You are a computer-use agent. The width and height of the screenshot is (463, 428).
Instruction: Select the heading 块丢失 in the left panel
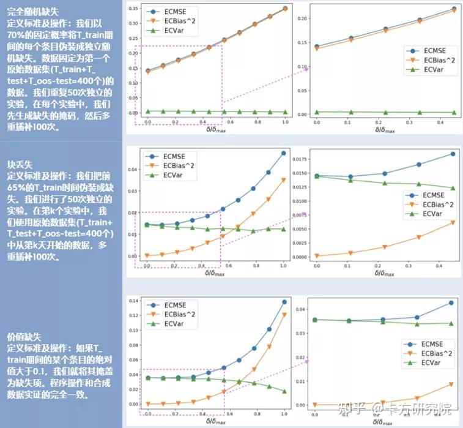19,165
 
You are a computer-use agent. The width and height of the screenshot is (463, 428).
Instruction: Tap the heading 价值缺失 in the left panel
24,336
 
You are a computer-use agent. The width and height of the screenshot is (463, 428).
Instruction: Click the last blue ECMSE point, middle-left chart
283,153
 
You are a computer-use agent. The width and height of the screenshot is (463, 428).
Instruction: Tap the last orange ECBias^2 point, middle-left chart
283,179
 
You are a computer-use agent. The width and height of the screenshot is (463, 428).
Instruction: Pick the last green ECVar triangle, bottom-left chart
284,391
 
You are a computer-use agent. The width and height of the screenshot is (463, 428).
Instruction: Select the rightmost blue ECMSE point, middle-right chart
453,154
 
